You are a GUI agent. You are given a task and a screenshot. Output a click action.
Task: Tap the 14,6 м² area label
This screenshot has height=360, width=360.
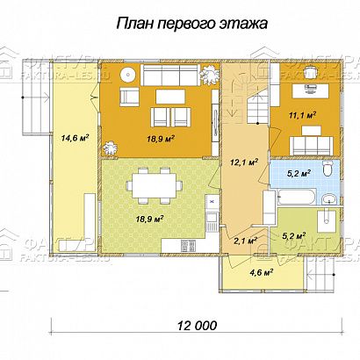76,138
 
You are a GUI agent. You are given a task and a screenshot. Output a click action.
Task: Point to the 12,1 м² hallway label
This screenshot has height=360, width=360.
243,162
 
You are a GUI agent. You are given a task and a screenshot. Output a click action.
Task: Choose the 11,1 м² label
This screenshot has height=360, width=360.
303,114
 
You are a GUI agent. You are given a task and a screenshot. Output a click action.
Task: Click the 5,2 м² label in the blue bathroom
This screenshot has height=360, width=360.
299,173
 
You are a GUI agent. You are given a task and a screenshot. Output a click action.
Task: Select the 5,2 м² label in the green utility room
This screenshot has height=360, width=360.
292,235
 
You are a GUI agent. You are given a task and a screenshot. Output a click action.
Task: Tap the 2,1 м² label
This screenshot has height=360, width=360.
245,239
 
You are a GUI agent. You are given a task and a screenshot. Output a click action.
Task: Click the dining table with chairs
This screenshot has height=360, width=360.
153,186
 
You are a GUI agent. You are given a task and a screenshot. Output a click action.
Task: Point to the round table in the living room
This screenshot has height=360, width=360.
128,74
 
